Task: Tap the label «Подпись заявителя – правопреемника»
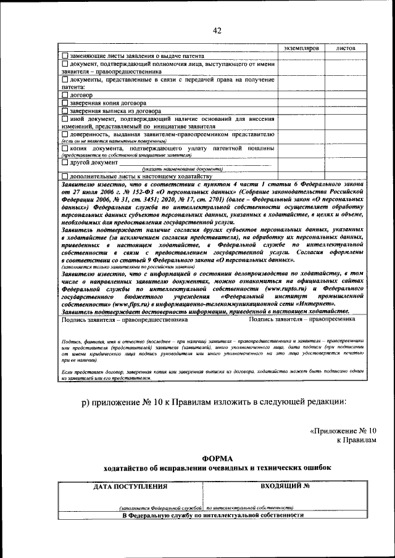[302, 320]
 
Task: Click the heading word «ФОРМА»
[218, 458]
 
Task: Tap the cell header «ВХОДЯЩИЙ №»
[285, 486]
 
